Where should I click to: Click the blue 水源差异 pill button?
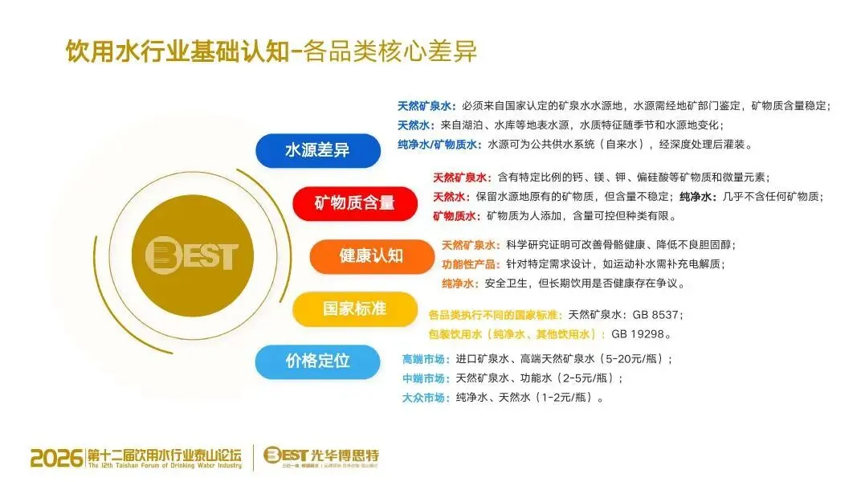(x=317, y=151)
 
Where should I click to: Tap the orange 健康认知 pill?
(x=371, y=256)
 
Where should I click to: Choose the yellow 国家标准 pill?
(x=354, y=308)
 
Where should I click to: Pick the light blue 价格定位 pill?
(x=317, y=361)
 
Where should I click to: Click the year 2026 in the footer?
(x=56, y=458)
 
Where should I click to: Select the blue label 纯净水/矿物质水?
(x=439, y=145)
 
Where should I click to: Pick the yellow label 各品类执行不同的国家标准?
(x=496, y=315)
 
